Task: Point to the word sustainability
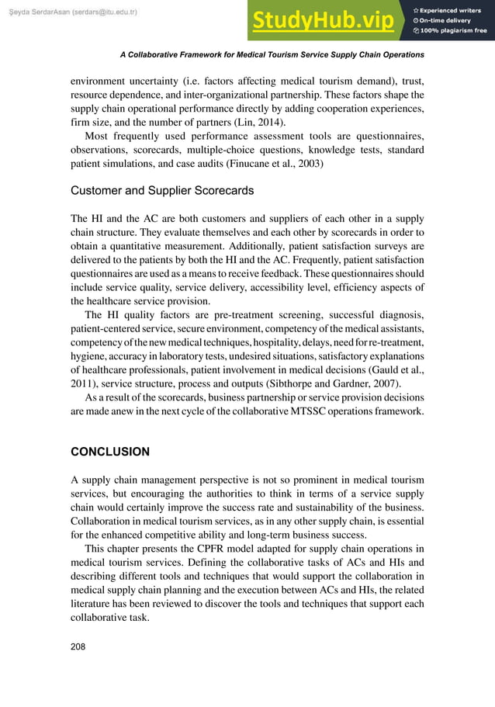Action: [312, 505]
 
